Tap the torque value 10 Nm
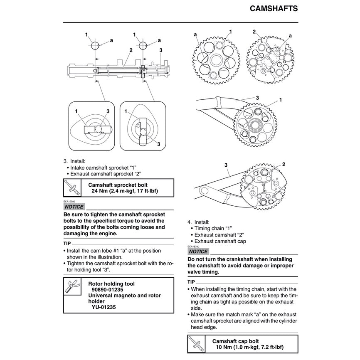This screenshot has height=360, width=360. pyautogui.click(x=224, y=348)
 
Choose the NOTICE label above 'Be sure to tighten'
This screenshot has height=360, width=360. pyautogui.click(x=74, y=207)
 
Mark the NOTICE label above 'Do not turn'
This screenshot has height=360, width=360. pyautogui.click(x=198, y=252)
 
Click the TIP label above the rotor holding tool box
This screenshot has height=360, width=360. pyautogui.click(x=67, y=243)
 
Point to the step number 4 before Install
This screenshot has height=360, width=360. pyautogui.click(x=189, y=222)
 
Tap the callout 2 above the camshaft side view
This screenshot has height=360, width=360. pyautogui.click(x=131, y=50)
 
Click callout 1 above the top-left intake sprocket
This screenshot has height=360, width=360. pyautogui.click(x=231, y=32)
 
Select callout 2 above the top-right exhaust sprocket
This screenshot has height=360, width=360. pyautogui.click(x=254, y=32)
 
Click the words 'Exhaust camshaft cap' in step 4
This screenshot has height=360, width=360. pyautogui.click(x=220, y=241)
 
